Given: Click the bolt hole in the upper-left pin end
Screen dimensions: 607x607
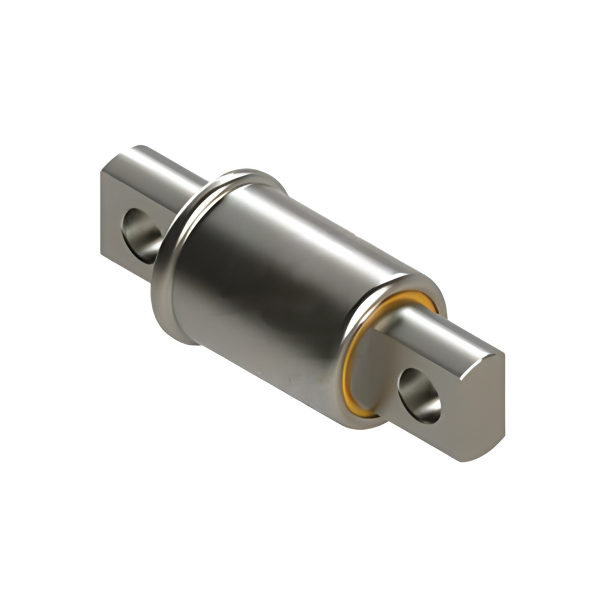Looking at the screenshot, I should (x=141, y=235).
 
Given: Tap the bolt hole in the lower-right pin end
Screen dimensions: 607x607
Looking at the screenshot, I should (x=419, y=395).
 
